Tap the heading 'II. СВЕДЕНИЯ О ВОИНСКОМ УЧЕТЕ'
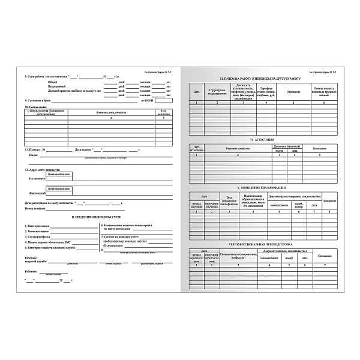coord(98,217)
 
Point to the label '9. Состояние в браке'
coord(38,100)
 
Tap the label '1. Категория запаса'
coord(37,226)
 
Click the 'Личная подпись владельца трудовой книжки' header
coord(323,92)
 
